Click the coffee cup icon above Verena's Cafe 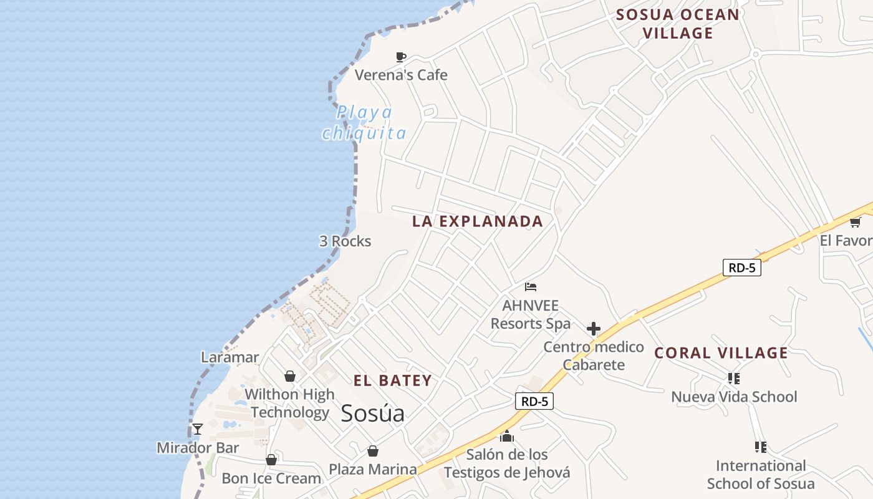(x=401, y=57)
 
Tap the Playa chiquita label (x=364, y=122)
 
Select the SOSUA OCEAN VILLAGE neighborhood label (x=678, y=24)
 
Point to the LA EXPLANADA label (x=478, y=221)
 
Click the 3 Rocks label (x=345, y=241)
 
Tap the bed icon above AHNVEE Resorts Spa (x=531, y=287)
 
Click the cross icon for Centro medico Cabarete (x=594, y=329)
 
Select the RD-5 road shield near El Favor (x=742, y=268)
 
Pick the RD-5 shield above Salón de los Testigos (x=534, y=401)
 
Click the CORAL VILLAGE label (x=721, y=353)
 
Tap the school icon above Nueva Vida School (x=734, y=378)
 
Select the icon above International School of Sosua (x=760, y=447)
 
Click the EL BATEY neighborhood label (x=393, y=380)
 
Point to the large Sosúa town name (x=372, y=413)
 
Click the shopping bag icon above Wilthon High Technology (x=290, y=376)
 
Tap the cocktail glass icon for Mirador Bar (x=198, y=429)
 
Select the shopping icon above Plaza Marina (x=372, y=450)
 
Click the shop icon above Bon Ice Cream (x=271, y=460)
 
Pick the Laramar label (x=229, y=357)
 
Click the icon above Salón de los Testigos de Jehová (x=506, y=436)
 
